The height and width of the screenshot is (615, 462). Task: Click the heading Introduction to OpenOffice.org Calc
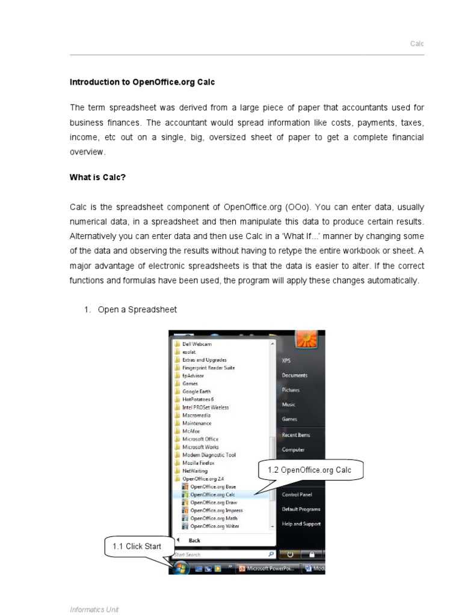[142, 82]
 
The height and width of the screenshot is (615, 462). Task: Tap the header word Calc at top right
[417, 44]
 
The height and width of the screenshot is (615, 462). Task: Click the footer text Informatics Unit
[94, 609]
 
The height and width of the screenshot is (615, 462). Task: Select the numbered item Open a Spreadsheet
[137, 309]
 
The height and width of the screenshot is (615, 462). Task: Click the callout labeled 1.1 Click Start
[137, 547]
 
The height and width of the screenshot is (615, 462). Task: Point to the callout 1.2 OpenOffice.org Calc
[311, 470]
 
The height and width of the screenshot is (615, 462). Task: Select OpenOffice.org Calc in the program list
[212, 495]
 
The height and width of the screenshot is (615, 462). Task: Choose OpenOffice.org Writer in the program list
[214, 526]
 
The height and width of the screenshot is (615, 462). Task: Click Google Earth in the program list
[196, 392]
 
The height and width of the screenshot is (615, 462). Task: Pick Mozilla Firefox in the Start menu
[198, 463]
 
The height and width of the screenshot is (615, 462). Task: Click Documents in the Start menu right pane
[294, 375]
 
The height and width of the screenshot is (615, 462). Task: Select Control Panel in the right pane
[297, 494]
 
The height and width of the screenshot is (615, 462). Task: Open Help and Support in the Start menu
[301, 524]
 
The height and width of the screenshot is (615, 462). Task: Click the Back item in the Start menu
[194, 541]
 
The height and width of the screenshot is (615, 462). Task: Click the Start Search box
[220, 554]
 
